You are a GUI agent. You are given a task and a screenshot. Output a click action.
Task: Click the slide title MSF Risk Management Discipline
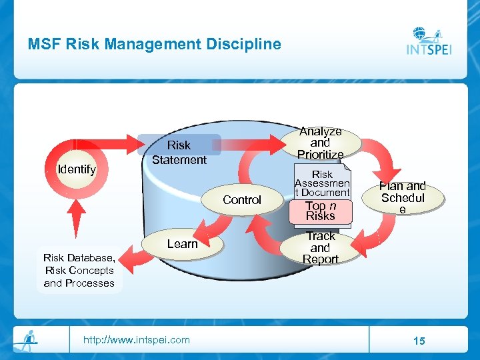pos(154,45)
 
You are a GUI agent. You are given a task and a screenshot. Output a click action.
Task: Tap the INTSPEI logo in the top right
pos(429,42)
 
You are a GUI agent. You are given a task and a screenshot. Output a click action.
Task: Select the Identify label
pos(77,169)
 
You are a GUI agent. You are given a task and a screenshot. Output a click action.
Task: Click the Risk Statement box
pos(179,152)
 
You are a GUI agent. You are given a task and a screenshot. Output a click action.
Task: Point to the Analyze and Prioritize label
pos(320,143)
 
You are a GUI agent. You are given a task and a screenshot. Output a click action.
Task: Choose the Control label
pos(242,200)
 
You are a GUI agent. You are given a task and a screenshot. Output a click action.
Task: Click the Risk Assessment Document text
pos(322,183)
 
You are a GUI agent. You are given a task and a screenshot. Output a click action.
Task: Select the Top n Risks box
pos(321,211)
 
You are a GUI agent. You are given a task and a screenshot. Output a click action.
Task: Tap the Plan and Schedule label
pos(402,197)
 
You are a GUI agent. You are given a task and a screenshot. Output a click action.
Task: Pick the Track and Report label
pos(321,247)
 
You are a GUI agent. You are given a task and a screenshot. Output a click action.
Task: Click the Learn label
pos(182,244)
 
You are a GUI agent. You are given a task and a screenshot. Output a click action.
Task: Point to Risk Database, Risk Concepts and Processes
pos(79,270)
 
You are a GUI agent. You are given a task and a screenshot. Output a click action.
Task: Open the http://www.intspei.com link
pos(136,340)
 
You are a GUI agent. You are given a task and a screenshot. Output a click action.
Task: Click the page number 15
pos(419,341)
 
